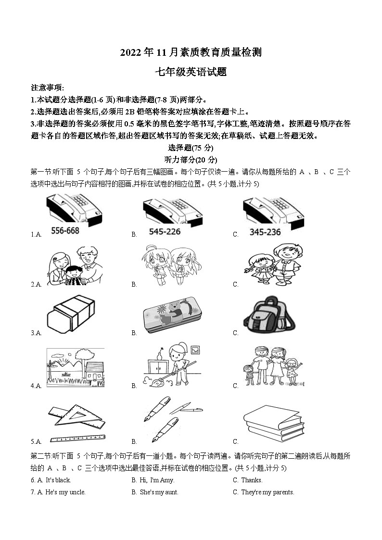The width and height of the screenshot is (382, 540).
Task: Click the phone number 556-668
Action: point(65,231)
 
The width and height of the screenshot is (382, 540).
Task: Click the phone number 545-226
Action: point(165,232)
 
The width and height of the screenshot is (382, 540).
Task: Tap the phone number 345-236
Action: point(265,232)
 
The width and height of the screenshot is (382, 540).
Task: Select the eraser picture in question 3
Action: point(71,313)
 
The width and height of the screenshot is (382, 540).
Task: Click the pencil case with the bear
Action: point(172,314)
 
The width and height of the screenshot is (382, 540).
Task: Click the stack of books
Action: point(274,423)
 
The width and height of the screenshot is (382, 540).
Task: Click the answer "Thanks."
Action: point(251,480)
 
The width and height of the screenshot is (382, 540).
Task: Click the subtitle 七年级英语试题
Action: point(191,73)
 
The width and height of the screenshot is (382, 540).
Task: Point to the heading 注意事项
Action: point(47,88)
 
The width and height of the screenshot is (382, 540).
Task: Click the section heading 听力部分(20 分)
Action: point(191,160)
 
